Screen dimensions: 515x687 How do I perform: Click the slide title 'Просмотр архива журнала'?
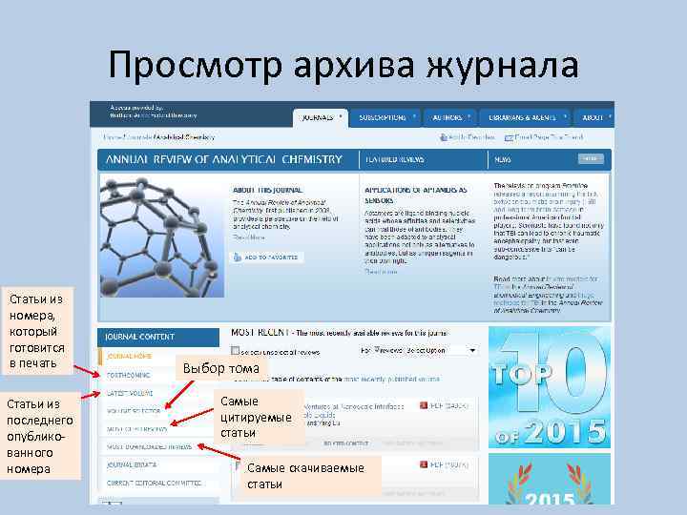pyautogui.click(x=343, y=67)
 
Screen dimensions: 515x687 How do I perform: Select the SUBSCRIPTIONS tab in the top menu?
pyautogui.click(x=385, y=117)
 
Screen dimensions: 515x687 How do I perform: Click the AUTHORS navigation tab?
pyautogui.click(x=449, y=117)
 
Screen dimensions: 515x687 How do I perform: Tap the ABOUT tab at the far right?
pyautogui.click(x=593, y=117)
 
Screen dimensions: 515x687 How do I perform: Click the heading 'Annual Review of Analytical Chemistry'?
pyautogui.click(x=223, y=159)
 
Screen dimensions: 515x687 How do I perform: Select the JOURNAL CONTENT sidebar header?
pyautogui.click(x=140, y=337)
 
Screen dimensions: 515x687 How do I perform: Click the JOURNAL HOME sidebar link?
pyautogui.click(x=130, y=356)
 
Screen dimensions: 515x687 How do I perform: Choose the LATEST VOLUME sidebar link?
pyautogui.click(x=131, y=392)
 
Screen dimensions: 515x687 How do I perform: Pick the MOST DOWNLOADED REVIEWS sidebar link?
pyautogui.click(x=149, y=446)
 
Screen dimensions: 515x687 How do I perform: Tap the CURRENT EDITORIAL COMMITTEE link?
pyautogui.click(x=154, y=482)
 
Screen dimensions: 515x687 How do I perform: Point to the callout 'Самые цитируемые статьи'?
pyautogui.click(x=256, y=417)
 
